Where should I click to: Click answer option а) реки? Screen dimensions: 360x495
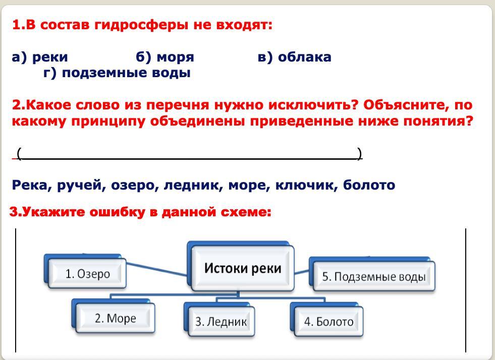(x=40, y=57)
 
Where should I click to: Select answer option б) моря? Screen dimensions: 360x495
(x=165, y=57)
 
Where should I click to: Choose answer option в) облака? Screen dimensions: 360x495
(x=294, y=57)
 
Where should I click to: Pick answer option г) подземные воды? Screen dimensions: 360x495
(x=117, y=73)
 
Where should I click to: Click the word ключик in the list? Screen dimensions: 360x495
(x=306, y=186)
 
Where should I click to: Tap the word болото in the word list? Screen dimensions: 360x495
(x=369, y=186)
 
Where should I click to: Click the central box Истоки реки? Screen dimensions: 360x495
(x=242, y=268)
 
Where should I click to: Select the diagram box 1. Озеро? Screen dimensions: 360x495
(x=88, y=274)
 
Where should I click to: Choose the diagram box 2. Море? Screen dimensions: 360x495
(x=116, y=318)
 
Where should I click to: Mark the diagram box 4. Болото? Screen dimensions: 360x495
(x=328, y=321)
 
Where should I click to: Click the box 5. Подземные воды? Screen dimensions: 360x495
(x=374, y=276)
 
